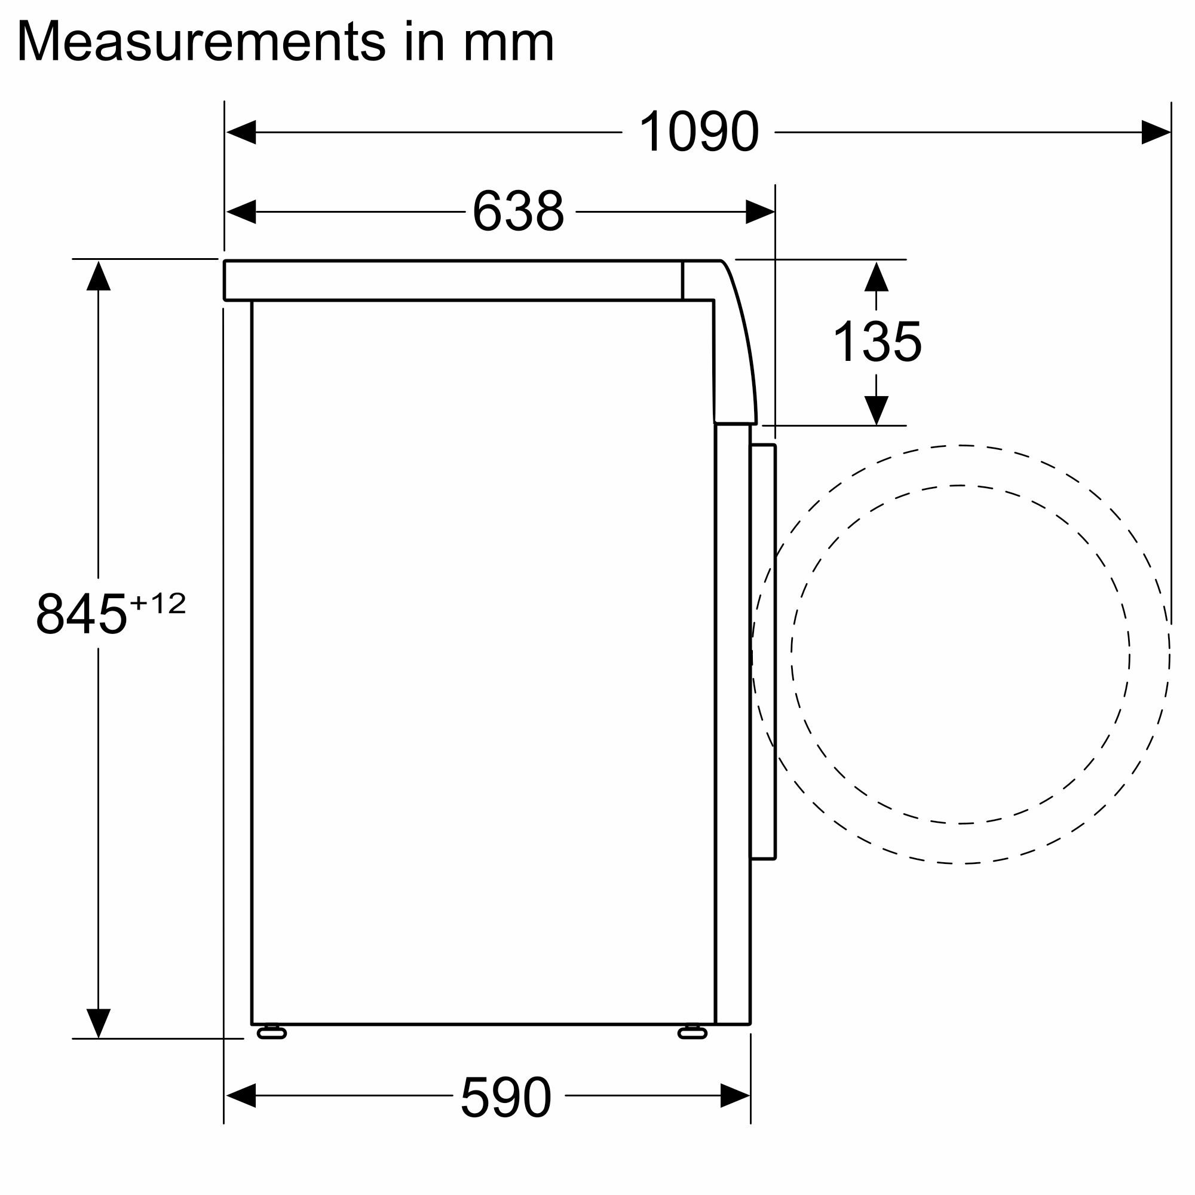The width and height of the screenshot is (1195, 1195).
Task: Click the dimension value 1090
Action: pyautogui.click(x=698, y=131)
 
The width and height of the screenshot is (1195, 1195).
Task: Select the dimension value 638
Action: pyautogui.click(x=518, y=212)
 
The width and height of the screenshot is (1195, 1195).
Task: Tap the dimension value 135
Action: pyautogui.click(x=877, y=341)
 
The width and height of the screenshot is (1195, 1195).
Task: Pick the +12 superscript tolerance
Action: pyautogui.click(x=158, y=603)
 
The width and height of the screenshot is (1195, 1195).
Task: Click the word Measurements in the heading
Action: pyautogui.click(x=201, y=42)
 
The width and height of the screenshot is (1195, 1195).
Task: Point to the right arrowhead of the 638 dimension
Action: pyautogui.click(x=759, y=212)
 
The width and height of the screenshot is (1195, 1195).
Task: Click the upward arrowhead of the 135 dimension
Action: pyautogui.click(x=877, y=277)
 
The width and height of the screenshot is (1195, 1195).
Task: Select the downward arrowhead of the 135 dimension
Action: pyautogui.click(x=877, y=410)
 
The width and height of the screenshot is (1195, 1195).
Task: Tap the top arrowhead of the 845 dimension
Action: pyautogui.click(x=99, y=276)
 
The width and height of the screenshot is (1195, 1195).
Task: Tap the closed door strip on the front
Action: pyautogui.click(x=762, y=652)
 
